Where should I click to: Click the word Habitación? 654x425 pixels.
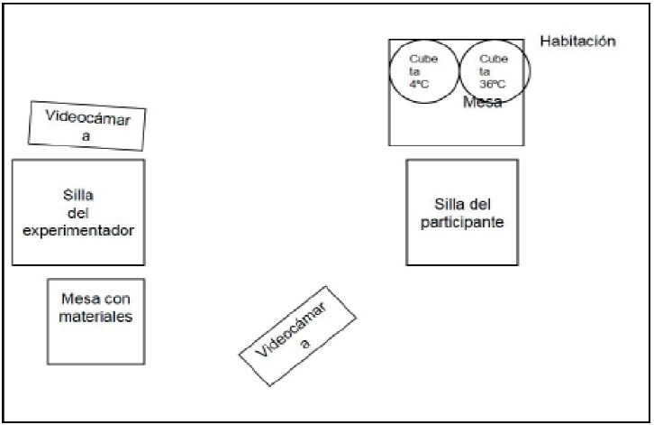point(577,42)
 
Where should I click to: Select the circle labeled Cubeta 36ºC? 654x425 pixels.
point(495,70)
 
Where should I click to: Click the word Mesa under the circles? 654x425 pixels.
point(482,103)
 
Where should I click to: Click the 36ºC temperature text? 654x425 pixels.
point(492,84)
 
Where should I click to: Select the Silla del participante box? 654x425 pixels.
point(461,212)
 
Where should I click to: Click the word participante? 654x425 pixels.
point(461,221)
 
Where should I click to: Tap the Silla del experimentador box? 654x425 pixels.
point(78,212)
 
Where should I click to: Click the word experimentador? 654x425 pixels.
point(79,230)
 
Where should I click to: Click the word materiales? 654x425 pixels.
point(96,317)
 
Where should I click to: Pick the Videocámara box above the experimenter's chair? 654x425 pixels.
point(86,124)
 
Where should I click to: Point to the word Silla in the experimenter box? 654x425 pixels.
point(80,196)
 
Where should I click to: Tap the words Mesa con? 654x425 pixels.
point(96,300)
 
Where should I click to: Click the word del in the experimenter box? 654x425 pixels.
point(79,213)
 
